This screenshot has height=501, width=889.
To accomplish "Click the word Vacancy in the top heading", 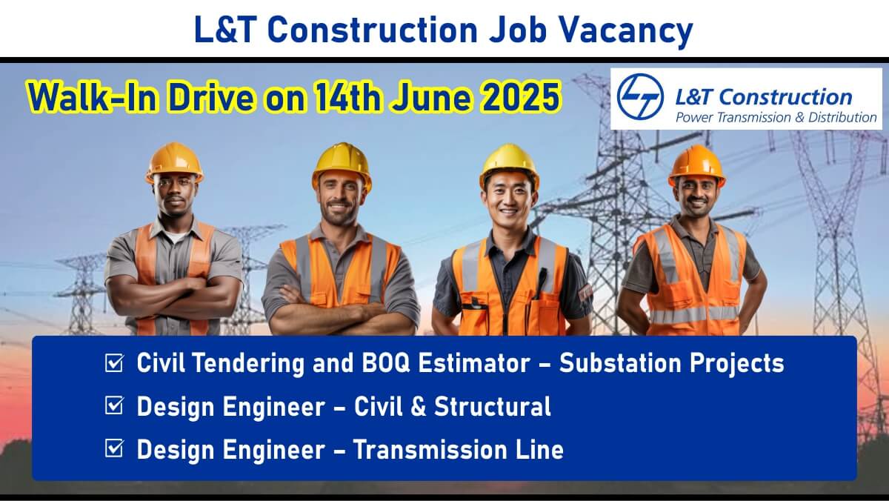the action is [626, 31].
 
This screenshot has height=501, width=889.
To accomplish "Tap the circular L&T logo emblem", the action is [640, 97].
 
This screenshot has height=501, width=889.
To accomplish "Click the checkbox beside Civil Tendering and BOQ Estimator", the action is [114, 363].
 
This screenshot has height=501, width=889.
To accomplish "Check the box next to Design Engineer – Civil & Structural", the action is [114, 405].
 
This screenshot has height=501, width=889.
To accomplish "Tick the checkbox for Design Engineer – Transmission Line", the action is [114, 448].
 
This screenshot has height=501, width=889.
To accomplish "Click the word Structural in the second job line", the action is [493, 406].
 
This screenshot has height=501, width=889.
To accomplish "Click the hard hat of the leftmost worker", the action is [175, 162].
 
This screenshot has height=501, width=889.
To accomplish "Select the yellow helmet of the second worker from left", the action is [342, 164].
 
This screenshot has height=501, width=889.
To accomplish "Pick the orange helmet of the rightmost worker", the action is [697, 165].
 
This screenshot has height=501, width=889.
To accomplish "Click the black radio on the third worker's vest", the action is [540, 282].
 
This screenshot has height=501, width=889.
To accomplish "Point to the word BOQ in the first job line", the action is [385, 363].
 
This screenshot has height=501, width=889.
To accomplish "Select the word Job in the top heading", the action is [519, 30].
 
